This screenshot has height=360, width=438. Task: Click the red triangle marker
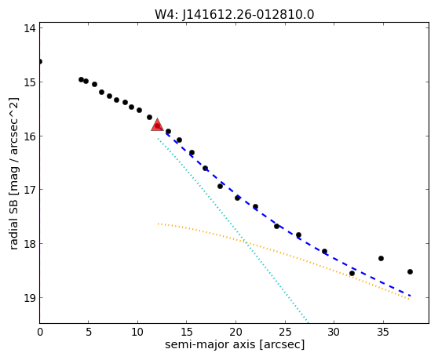coord(157,125)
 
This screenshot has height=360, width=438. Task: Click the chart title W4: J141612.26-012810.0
coord(235,15)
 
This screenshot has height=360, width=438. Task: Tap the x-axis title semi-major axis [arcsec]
coord(235,344)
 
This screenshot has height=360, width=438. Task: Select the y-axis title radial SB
coord(13,221)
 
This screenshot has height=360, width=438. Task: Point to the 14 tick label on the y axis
coord(30,28)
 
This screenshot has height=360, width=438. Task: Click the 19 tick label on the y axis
coord(30,298)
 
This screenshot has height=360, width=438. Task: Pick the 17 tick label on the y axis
coord(30,190)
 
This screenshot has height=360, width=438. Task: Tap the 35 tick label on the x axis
coord(383,332)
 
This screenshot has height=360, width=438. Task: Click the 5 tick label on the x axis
coord(89,332)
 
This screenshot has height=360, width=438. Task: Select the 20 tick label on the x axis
coord(235,332)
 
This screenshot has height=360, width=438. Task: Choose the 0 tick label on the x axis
coord(40,332)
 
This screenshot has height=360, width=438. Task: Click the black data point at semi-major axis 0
coord(40,61)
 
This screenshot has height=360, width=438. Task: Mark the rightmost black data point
coord(410,271)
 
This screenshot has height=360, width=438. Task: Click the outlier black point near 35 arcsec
coord(381,258)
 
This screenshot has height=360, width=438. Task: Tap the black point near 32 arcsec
coord(352,273)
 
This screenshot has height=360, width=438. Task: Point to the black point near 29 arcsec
coord(324,251)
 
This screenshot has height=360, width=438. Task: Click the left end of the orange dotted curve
coord(158,224)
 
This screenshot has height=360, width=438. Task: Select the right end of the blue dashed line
coord(410,295)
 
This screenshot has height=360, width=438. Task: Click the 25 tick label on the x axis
coord(285,332)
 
